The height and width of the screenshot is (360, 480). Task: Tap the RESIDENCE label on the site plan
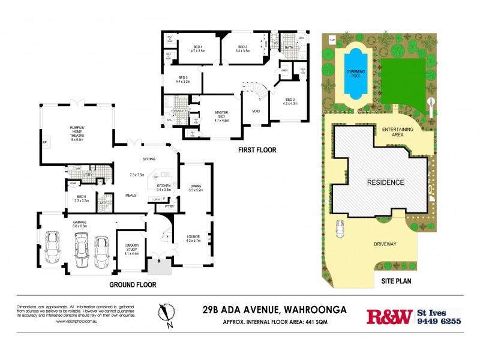click(386, 182)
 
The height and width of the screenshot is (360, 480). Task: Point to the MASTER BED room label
click(223, 115)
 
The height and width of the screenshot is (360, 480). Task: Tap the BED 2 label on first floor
click(290, 101)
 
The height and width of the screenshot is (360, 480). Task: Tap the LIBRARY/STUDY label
click(131, 249)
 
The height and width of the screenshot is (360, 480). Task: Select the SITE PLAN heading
click(397, 281)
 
